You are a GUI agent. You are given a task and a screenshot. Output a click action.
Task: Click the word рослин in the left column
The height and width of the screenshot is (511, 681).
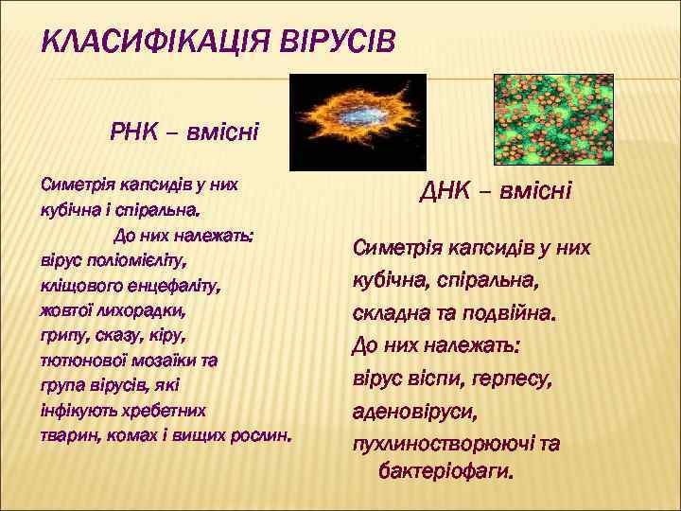265,437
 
